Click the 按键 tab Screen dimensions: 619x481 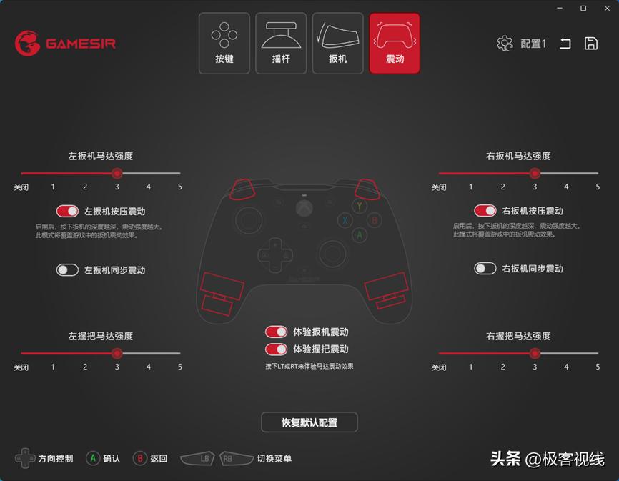pos(224,44)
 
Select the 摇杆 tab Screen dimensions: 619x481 pos(281,44)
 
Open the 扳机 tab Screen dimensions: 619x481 pos(337,44)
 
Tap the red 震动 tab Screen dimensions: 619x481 pos(395,44)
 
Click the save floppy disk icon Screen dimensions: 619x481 pos(591,44)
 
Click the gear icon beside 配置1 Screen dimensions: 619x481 pos(505,44)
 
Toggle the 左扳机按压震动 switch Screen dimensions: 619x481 pos(68,211)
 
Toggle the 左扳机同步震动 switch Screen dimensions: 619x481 pos(68,270)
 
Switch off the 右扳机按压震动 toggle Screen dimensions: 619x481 pos(485,211)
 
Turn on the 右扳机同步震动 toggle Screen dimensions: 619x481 pos(485,269)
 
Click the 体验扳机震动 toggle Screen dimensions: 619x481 pos(276,332)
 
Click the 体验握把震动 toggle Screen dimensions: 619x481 pos(276,349)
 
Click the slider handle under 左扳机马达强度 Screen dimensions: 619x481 pos(117,173)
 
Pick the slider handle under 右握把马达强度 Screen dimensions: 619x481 pos(535,353)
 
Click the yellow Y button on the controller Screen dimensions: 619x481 pos(360,207)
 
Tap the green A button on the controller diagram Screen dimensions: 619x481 pos(360,234)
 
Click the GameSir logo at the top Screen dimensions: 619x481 pos(66,43)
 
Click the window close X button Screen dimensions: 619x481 pos(605,9)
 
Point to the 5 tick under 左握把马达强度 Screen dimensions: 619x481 pos(180,367)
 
